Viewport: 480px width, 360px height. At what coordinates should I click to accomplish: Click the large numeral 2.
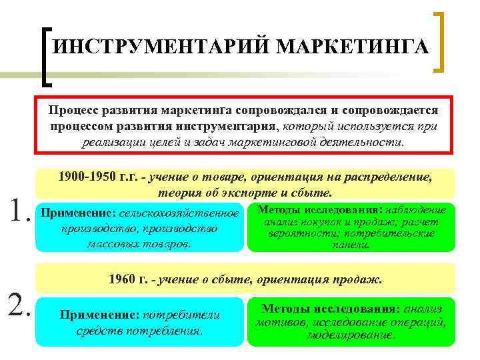click(x=17, y=305)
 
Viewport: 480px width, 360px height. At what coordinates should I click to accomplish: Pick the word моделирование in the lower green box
click(x=349, y=334)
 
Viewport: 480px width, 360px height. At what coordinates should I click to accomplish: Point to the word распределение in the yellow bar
click(x=393, y=177)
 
